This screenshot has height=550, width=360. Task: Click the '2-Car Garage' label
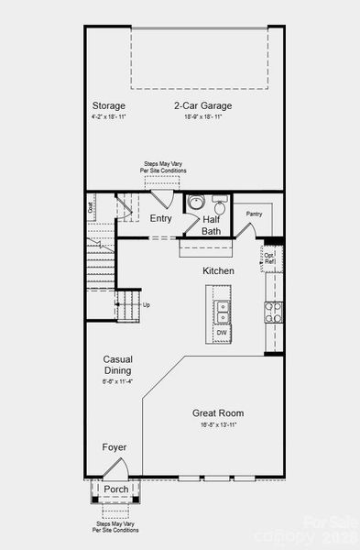click(202, 105)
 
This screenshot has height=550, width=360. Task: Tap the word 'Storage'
click(108, 105)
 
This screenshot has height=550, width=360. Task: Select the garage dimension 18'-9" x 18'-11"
click(202, 117)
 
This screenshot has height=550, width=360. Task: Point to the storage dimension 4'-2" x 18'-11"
click(108, 117)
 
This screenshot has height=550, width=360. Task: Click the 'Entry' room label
click(160, 218)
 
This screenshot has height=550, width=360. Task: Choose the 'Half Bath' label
click(212, 225)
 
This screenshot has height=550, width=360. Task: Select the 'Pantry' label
click(254, 214)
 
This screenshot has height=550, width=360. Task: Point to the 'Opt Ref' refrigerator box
click(270, 256)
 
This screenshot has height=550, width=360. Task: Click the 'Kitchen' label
click(218, 271)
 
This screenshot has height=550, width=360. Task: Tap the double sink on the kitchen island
click(223, 311)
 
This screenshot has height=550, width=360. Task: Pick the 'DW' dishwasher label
click(222, 332)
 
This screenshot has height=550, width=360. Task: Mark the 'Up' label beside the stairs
click(147, 304)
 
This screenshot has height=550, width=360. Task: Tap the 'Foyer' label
click(115, 447)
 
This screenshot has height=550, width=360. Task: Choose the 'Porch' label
click(115, 489)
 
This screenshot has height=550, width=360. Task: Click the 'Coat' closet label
click(91, 207)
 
